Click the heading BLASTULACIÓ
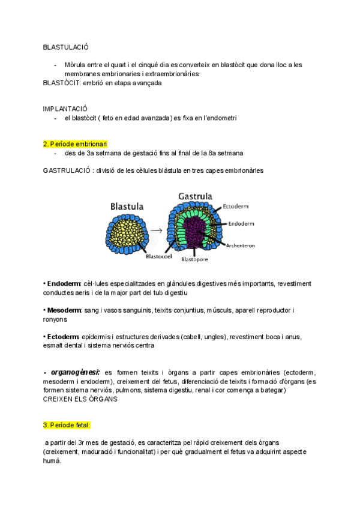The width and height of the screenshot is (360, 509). pyautogui.click(x=66, y=46)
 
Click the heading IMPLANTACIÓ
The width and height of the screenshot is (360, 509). pyautogui.click(x=65, y=109)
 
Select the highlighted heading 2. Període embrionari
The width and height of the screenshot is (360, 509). pyautogui.click(x=75, y=144)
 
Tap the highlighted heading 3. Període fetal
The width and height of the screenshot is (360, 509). pyautogui.click(x=67, y=425)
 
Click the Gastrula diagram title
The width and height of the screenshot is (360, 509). pyautogui.click(x=196, y=196)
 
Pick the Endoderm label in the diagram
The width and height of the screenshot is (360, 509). pyautogui.click(x=242, y=223)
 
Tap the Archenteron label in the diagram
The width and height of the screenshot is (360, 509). pyautogui.click(x=242, y=245)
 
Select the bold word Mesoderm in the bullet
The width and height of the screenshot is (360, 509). pyautogui.click(x=64, y=310)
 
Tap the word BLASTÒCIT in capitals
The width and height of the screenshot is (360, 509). pyautogui.click(x=62, y=83)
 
